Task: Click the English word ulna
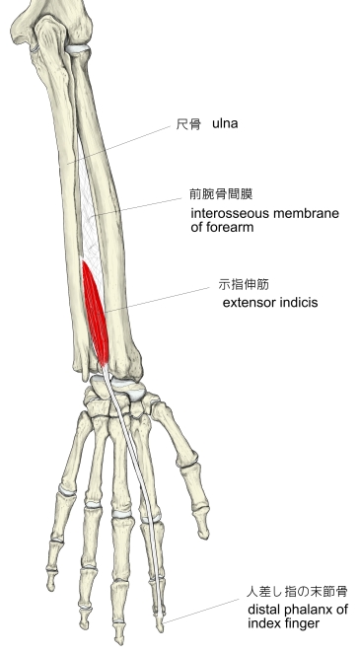pos(225,123)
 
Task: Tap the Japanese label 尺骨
pos(188,124)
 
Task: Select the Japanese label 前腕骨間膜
pos(221,194)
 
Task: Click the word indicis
pos(296,302)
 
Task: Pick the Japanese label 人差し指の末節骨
pos(297,592)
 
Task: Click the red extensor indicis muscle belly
pos(96,313)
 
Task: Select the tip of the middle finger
pos(120,642)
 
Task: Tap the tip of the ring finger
pos(85,626)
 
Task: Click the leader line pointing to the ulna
pos(118,145)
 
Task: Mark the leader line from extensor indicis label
pos(158,300)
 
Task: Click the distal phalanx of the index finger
pos(160,621)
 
